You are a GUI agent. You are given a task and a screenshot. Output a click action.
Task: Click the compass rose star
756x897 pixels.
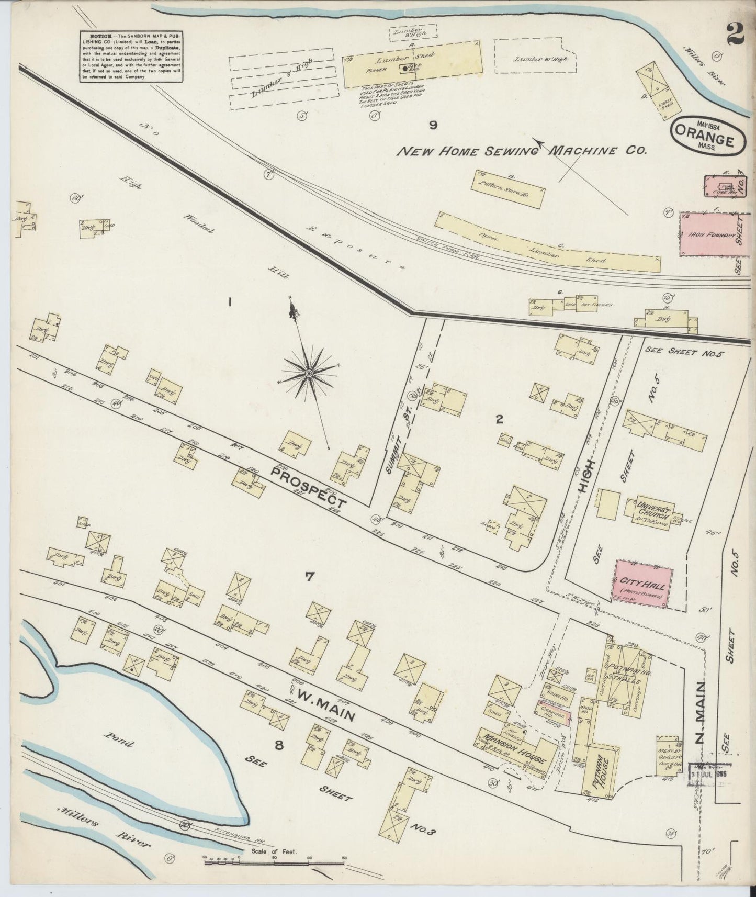pyautogui.click(x=309, y=373)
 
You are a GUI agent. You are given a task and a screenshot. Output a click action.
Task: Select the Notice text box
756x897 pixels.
pyautogui.click(x=131, y=56)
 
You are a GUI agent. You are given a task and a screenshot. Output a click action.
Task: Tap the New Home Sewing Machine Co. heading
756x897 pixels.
pyautogui.click(x=522, y=151)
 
